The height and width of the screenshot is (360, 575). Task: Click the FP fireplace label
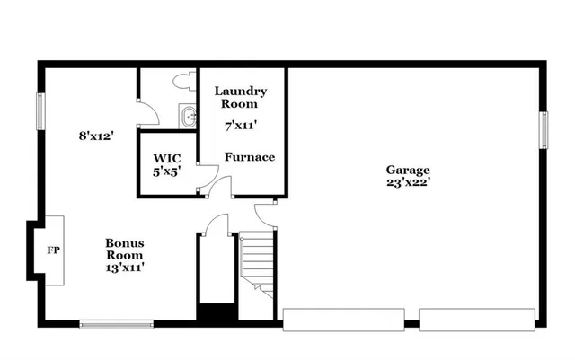coord(53,250)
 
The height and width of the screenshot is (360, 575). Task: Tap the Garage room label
coord(408,170)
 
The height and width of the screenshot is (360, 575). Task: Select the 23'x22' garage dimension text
coord(408,182)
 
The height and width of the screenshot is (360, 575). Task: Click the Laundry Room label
coord(241,97)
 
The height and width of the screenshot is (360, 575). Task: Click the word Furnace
coord(250,157)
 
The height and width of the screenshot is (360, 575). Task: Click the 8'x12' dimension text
coord(96,137)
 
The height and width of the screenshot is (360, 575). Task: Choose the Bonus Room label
coord(125,249)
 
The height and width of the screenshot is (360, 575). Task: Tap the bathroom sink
coord(189,116)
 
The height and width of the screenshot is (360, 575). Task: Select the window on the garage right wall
coord(544,128)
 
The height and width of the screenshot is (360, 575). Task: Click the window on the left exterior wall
coord(40,111)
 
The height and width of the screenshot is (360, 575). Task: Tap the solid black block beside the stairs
coord(216,315)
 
